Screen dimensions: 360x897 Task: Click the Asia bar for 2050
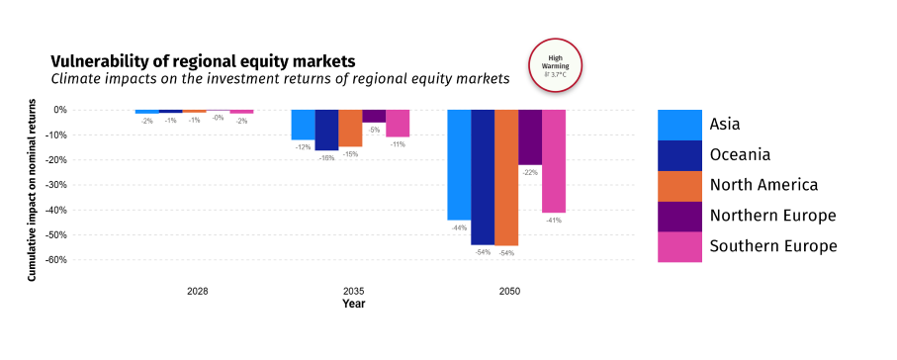[x=459, y=164]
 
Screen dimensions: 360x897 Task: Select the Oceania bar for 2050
[x=483, y=177]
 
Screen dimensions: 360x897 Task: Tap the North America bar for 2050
[x=506, y=177]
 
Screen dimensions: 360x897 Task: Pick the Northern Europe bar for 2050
[x=530, y=137]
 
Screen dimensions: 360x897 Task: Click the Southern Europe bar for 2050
[x=554, y=161]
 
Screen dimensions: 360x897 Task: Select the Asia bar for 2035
[x=303, y=125]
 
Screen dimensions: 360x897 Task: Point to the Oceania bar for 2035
[x=326, y=130]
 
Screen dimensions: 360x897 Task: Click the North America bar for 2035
[x=350, y=128]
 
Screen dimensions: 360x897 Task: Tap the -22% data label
[x=530, y=172]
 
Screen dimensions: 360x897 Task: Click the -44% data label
[x=459, y=227]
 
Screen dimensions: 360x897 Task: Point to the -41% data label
[x=554, y=220]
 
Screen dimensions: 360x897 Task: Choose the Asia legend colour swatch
[x=679, y=125]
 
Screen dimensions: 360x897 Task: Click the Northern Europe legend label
[x=772, y=216]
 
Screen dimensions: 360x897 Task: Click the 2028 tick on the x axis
[x=198, y=292]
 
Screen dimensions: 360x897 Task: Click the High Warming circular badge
[x=556, y=65]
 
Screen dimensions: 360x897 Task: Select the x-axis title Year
[x=353, y=304]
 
